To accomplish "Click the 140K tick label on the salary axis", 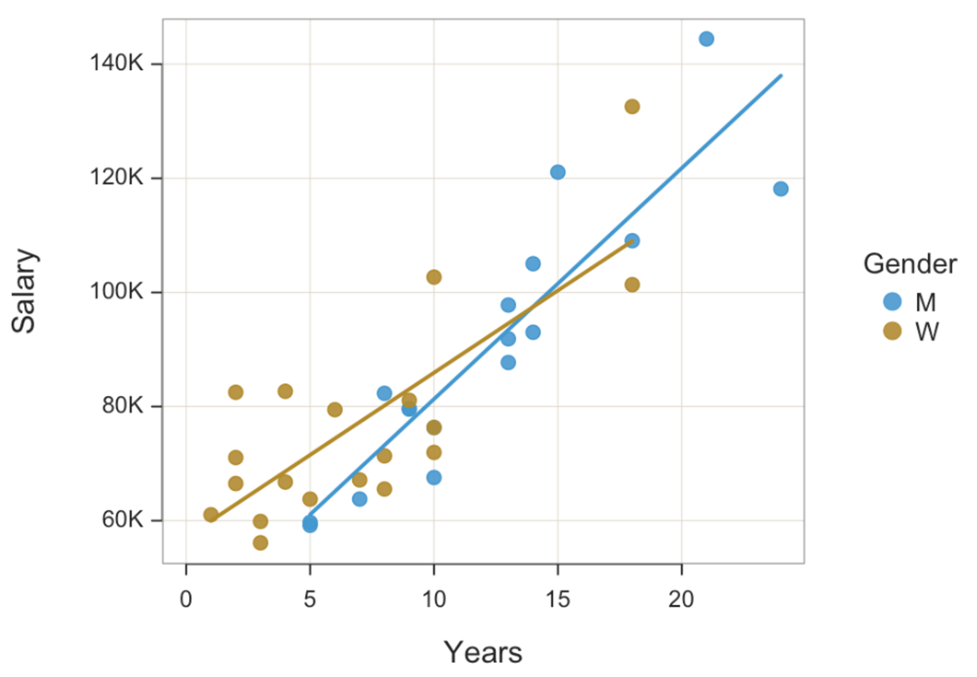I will coord(117,63).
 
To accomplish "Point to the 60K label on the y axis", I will coord(122,520).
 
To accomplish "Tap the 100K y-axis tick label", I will coord(117,291).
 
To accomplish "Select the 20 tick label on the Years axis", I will coord(681,599).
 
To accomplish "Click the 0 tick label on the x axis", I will coord(186,599).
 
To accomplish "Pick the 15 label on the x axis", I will coord(557,599).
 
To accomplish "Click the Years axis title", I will coord(483,652).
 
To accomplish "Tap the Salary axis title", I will coord(23,291).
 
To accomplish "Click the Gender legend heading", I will coord(910,264).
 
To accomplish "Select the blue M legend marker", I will coord(892,301).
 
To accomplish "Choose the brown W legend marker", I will coord(892,331).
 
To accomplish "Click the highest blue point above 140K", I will coord(706,39).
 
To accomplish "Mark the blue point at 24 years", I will coord(781,189).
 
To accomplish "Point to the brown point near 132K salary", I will coord(632,106).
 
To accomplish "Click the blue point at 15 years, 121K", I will coord(558,172).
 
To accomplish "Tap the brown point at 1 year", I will coord(211,515).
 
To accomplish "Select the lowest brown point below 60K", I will coord(260,543).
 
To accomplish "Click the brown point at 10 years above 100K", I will coord(434,277).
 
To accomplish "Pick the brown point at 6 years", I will coord(335,409).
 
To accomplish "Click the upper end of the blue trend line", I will coord(781,76).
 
